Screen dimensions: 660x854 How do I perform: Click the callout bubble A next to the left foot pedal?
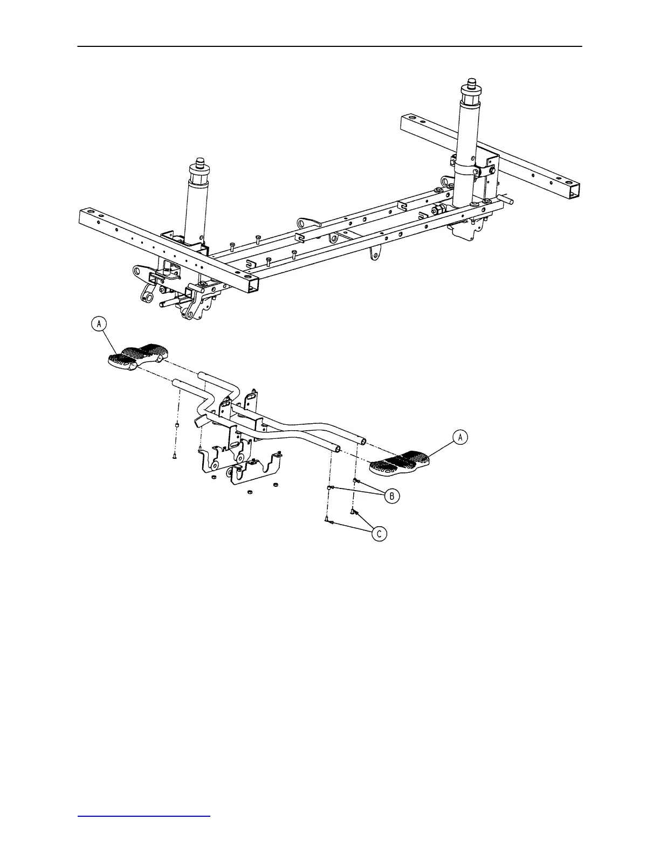click(99, 323)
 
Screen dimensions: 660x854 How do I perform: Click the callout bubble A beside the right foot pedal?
click(460, 437)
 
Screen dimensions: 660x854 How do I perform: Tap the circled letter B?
click(392, 496)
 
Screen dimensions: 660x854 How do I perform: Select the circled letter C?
click(380, 534)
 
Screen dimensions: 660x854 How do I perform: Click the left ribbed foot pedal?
click(137, 356)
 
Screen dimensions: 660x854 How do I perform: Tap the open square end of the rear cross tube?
click(575, 190)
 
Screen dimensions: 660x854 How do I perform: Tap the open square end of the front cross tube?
click(251, 284)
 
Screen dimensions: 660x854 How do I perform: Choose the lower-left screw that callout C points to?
click(327, 520)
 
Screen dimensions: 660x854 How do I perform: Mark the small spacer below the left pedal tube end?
click(177, 426)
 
